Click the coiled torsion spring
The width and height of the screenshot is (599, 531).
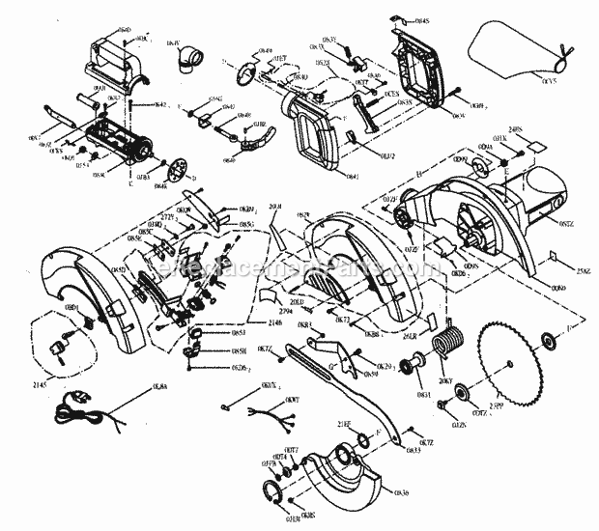pos(449,344)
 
